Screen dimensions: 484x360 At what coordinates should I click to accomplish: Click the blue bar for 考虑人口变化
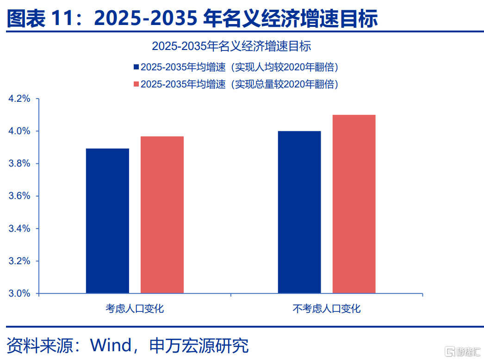107,221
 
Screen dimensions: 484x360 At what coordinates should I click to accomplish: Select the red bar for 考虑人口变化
162,215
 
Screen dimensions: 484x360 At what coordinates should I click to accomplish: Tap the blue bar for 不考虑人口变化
299,212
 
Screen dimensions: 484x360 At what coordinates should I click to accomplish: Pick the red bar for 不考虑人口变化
354,204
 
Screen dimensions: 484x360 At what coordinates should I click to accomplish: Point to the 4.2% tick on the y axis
19,99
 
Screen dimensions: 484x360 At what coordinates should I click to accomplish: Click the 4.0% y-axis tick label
19,131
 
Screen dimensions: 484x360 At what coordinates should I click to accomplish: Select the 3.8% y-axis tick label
19,164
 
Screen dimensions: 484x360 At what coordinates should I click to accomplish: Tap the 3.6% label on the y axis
19,196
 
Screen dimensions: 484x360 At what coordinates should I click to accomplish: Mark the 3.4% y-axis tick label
19,229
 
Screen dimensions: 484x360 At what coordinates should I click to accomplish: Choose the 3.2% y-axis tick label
19,261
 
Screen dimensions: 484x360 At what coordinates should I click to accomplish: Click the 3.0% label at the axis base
19,294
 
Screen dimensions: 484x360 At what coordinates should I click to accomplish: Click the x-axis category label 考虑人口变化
135,309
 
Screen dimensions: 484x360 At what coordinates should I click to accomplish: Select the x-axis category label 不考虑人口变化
327,309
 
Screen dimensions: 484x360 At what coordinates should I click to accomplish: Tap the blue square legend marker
136,67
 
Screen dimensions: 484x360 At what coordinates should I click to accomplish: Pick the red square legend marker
136,84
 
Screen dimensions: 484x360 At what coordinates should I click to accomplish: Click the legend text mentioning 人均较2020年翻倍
240,67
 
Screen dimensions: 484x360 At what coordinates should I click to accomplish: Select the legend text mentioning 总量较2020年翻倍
240,84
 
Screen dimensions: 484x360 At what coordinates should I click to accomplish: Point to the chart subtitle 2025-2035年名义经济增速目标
231,46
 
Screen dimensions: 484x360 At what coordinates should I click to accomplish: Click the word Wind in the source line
111,345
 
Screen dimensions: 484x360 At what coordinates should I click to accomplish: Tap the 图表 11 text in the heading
40,18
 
